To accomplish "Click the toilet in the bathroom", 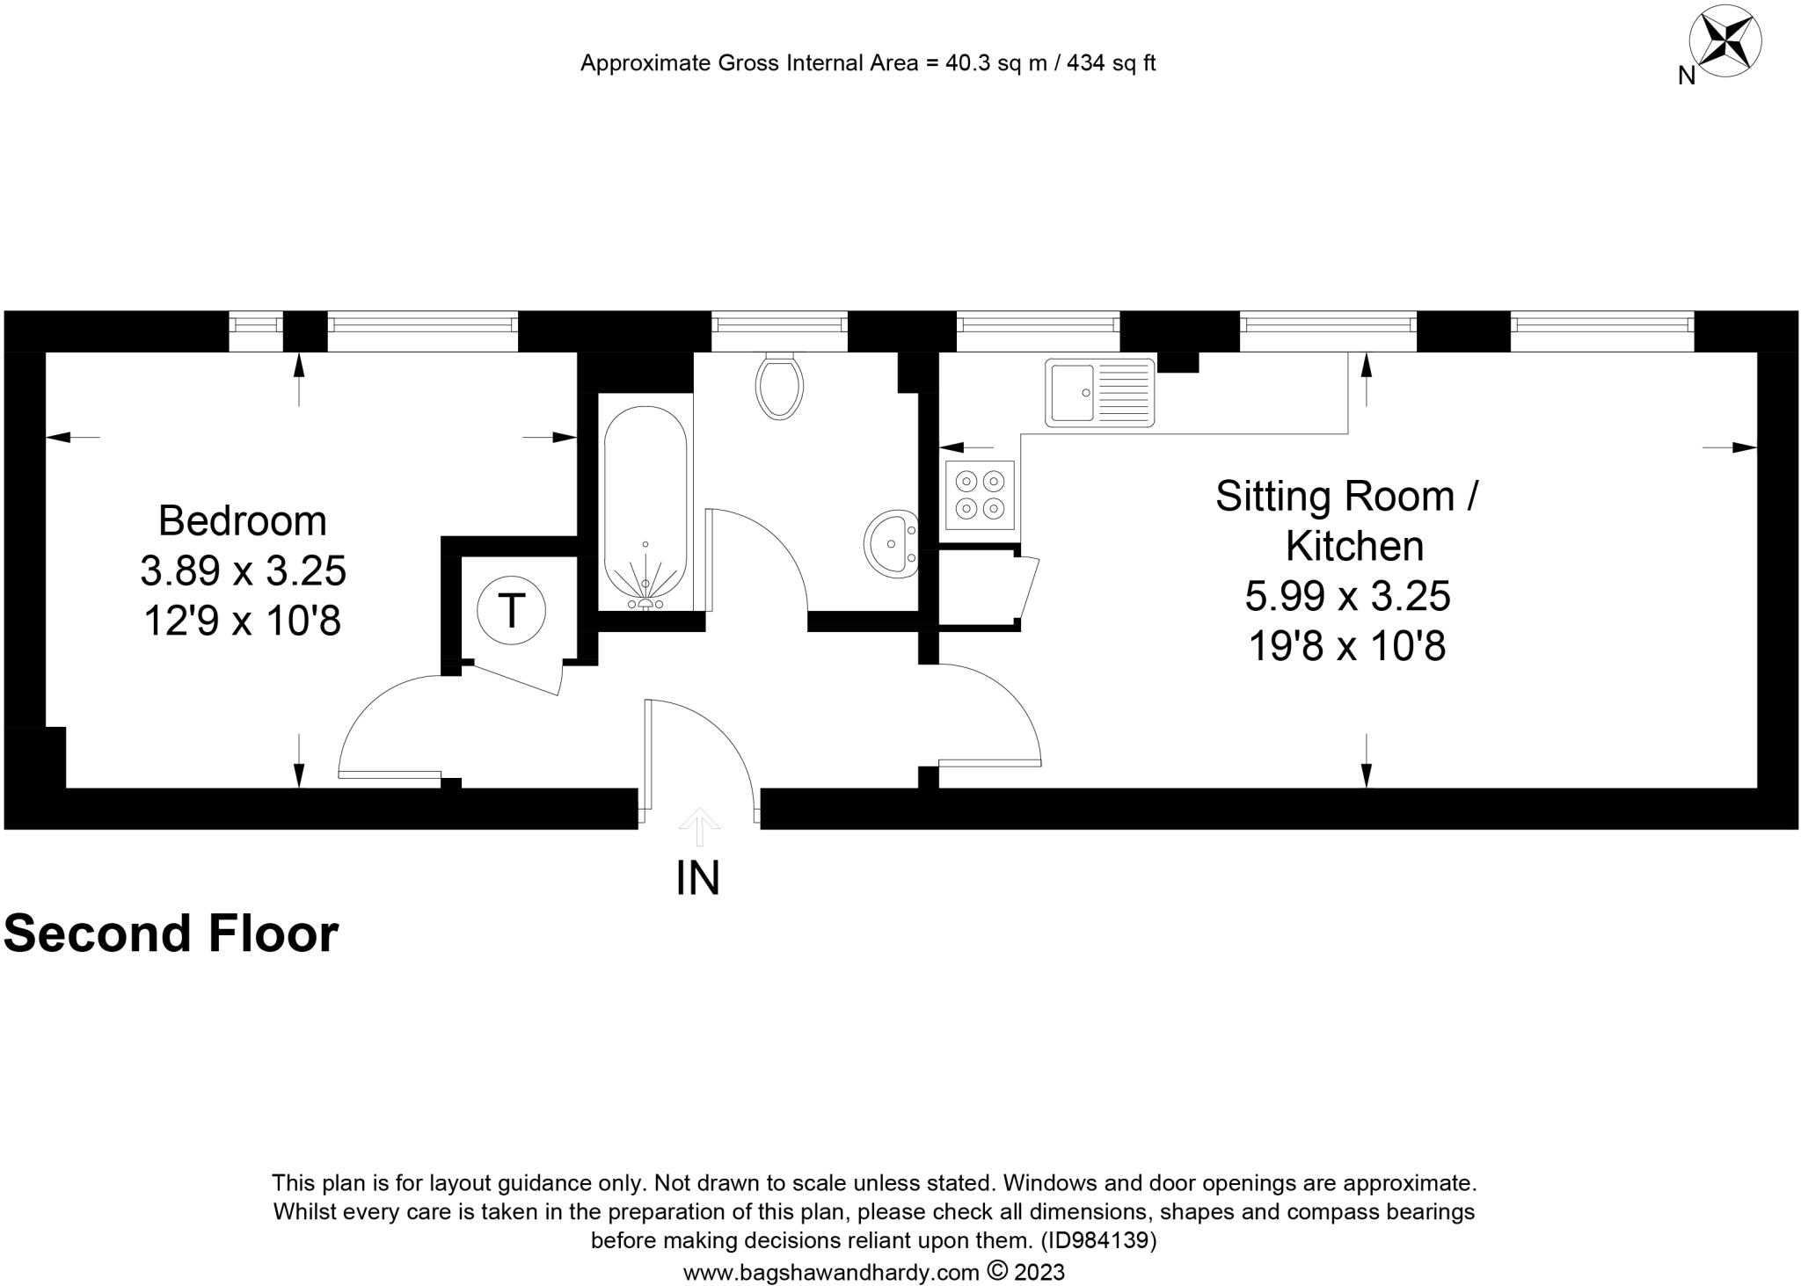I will tap(779, 386).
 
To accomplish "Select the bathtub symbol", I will tap(645, 508).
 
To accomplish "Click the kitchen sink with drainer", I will tap(1099, 392).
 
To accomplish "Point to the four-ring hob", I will tap(981, 495).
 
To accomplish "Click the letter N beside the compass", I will tap(1686, 76).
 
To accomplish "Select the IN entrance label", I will tap(697, 878).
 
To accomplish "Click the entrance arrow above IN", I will tap(699, 825).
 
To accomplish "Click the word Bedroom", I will tap(242, 520).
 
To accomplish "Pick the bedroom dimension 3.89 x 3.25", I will tap(243, 571).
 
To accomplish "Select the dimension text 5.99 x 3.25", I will tap(1347, 596).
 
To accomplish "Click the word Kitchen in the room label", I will tap(1354, 546).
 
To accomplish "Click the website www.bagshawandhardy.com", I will tap(831, 1272).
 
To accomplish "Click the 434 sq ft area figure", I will tap(1111, 63).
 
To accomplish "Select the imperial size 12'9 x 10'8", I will tap(242, 621).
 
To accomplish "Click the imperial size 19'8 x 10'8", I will tap(1347, 647).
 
